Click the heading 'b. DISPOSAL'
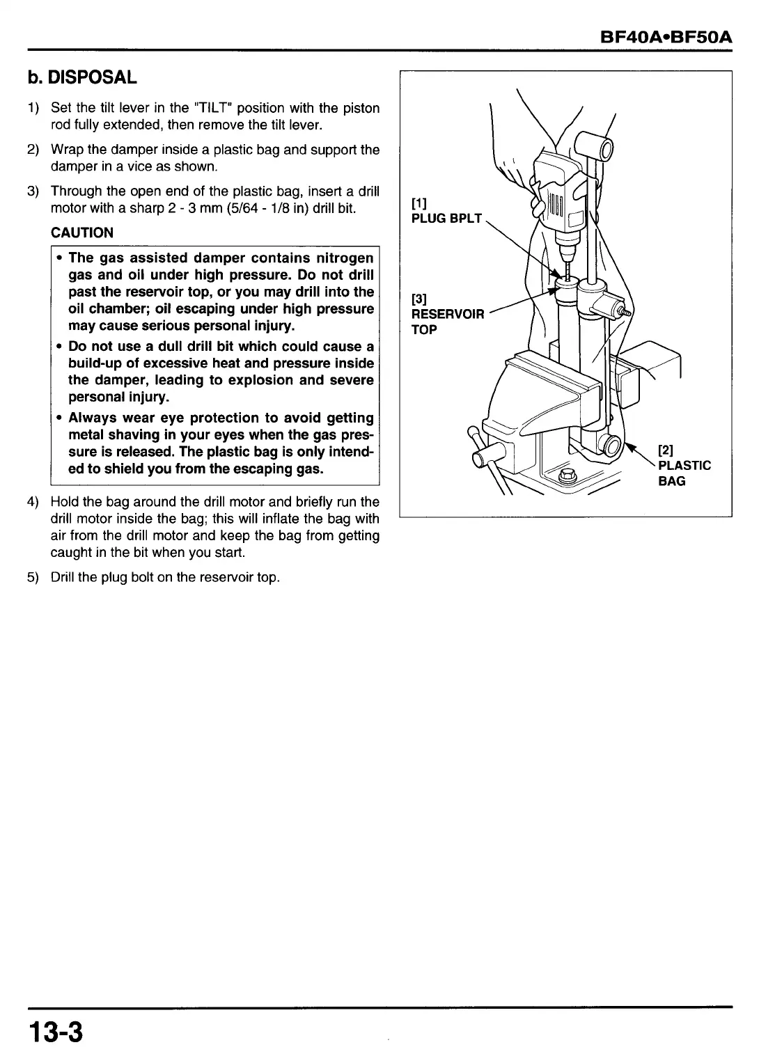coord(82,77)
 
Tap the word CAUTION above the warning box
coord(81,233)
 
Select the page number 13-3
coord(56,1031)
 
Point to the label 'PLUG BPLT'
coord(446,218)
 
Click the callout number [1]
coord(418,203)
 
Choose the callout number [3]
coord(418,299)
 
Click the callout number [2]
coord(666,450)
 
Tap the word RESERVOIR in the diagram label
coord(447,314)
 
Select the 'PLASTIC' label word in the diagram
coord(684,465)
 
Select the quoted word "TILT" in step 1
coord(212,108)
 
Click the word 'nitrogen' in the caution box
coord(345,258)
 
